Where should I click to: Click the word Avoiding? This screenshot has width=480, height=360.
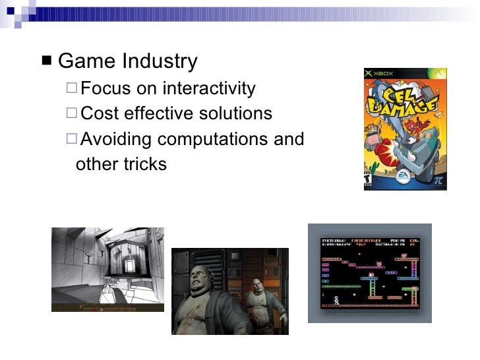coord(117,139)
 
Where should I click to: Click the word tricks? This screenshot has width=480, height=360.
coord(146,164)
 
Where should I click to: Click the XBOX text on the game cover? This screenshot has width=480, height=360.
coord(386,73)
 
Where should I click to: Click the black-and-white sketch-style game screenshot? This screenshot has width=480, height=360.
coord(107,269)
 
